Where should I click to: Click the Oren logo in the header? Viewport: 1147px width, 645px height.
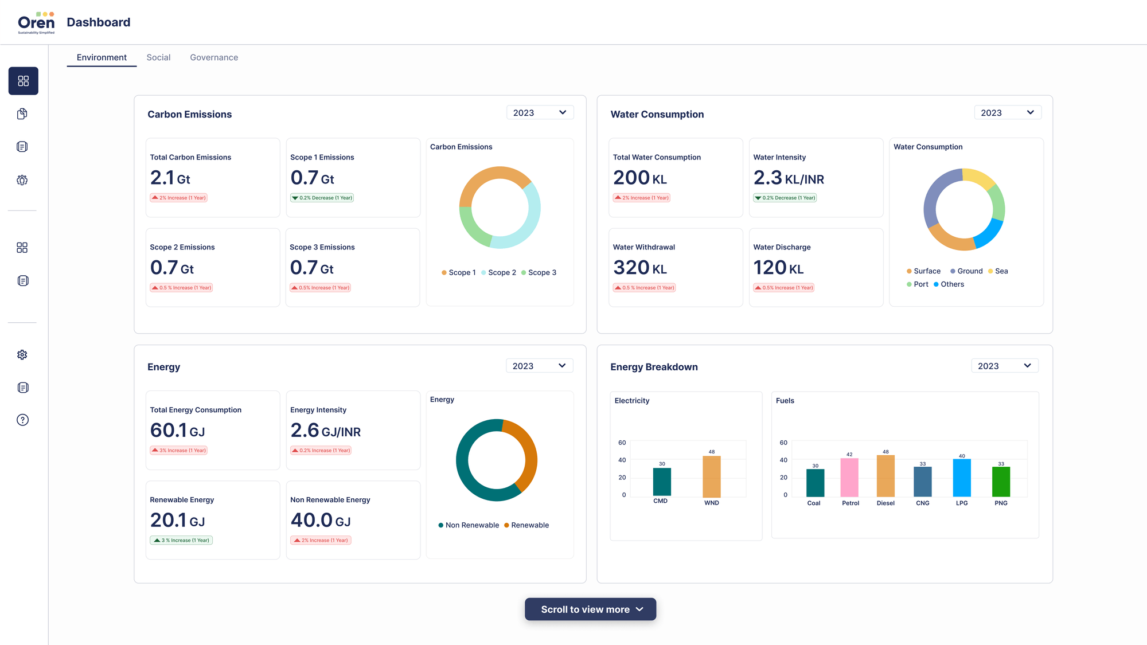pos(36,22)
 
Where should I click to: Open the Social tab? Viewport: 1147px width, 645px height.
pos(158,57)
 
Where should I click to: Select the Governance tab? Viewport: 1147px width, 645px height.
pos(214,57)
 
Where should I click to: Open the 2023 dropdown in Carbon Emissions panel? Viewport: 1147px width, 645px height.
pos(540,113)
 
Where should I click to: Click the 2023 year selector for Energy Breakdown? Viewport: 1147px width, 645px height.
pos(1005,366)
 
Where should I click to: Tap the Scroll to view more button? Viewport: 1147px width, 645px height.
pos(590,609)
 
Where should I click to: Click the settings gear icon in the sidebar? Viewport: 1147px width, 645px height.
pos(22,355)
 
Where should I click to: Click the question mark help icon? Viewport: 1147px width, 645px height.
pos(22,420)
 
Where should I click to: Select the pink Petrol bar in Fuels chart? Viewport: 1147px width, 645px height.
pos(849,478)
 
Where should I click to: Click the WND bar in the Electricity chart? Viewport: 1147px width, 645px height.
pos(711,476)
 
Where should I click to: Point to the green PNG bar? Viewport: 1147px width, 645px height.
pos(1001,482)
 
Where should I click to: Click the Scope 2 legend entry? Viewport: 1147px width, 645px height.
pos(498,272)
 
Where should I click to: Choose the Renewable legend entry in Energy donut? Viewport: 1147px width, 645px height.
pos(526,525)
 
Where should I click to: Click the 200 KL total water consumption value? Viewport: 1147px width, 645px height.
pos(639,178)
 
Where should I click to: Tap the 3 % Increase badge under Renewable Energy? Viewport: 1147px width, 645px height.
pos(181,540)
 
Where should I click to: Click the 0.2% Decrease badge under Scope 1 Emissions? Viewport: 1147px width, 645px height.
pos(322,198)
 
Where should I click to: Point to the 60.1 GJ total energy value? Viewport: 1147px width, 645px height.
pos(177,431)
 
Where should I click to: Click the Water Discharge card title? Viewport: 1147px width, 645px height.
pos(782,247)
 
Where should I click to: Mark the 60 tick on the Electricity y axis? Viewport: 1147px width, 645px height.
pos(622,443)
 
